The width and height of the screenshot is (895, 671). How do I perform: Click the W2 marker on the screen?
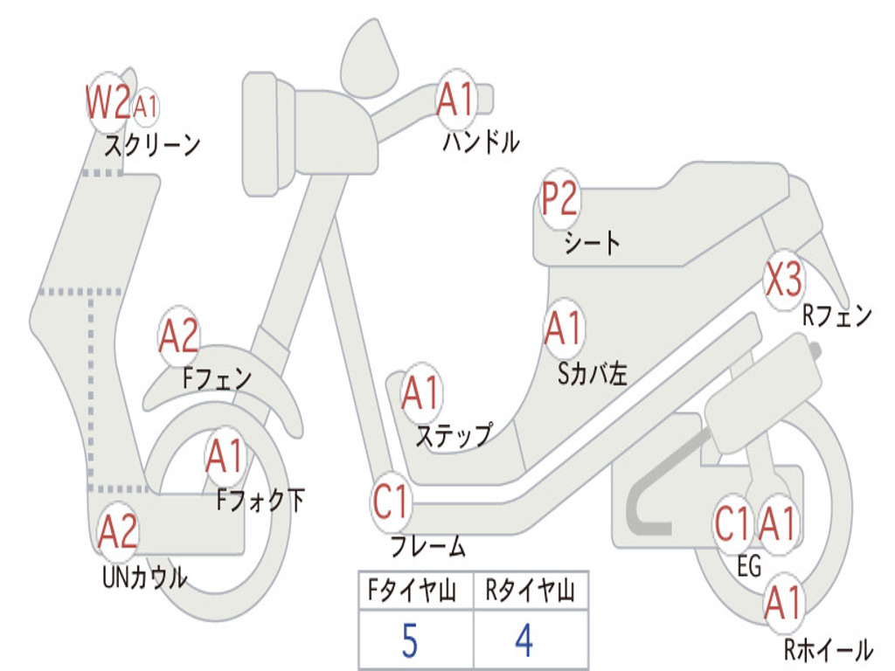(108, 103)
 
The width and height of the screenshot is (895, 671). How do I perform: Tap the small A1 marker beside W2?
(146, 107)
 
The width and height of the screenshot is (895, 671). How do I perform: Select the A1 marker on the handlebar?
(454, 100)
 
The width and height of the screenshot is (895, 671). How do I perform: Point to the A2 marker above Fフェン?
(179, 336)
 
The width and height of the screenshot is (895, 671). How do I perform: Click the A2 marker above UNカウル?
(118, 532)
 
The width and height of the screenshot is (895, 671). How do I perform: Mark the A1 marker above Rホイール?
(782, 604)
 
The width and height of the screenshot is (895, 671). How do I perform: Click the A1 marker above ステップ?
(421, 394)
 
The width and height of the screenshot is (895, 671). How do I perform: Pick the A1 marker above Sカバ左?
(562, 329)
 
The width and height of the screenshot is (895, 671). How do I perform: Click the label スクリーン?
(152, 145)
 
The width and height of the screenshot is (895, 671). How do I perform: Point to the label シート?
(592, 242)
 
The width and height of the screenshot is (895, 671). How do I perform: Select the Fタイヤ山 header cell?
(415, 592)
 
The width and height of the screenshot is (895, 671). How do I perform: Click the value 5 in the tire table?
(408, 642)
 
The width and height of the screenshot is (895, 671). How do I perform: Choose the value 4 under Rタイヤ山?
(524, 642)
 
